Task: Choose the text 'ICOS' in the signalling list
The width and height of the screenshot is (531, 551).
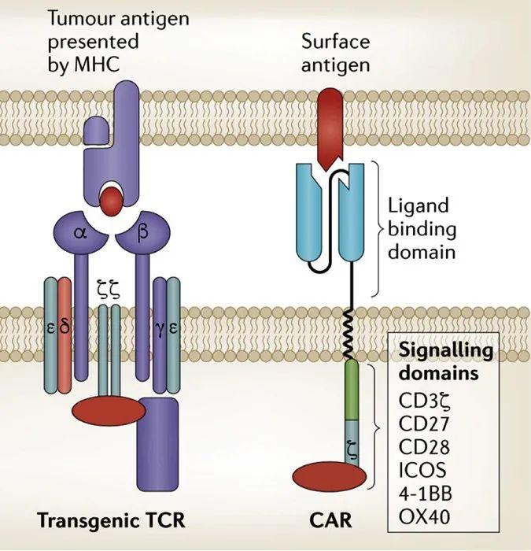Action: point(422,471)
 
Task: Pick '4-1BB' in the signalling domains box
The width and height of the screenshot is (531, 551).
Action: point(429,494)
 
